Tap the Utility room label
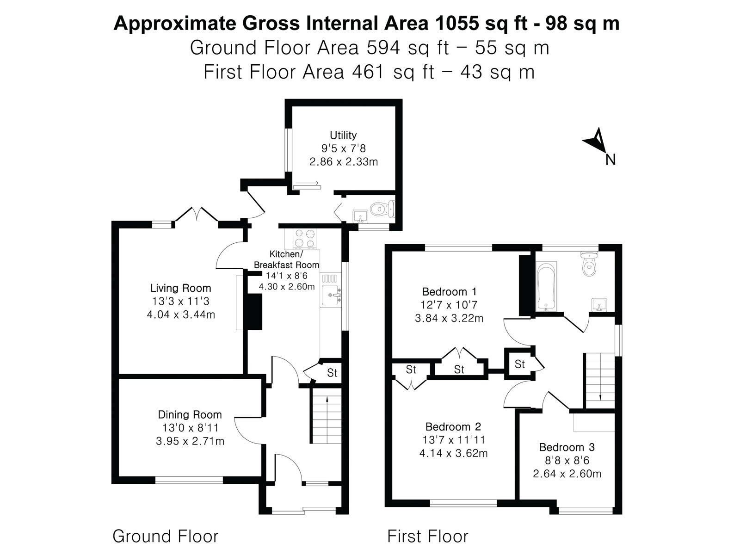point(343,135)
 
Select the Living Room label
point(181,288)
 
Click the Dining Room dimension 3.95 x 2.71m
point(190,441)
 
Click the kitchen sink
point(331,295)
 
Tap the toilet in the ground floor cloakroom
point(382,209)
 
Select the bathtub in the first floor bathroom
point(546,286)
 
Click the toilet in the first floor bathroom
point(589,265)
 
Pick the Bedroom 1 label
point(449,291)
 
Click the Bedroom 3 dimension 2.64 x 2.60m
point(567,474)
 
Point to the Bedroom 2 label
point(453,426)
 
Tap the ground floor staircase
point(326,415)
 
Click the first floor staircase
point(600,381)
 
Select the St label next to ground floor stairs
point(332,373)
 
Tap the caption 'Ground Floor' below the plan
point(166,536)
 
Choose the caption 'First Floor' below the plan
point(428,536)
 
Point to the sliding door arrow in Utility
point(307,183)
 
